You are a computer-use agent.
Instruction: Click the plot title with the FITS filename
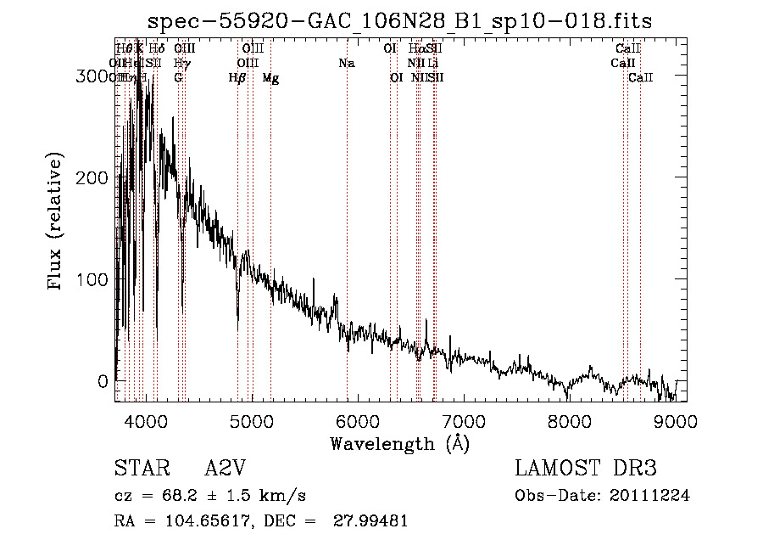tap(399, 21)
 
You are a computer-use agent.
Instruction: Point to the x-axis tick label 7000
tap(463, 421)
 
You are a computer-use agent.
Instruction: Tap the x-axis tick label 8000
tap(569, 421)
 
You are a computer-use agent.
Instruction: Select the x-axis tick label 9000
tap(676, 421)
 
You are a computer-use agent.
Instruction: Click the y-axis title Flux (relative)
tap(57, 222)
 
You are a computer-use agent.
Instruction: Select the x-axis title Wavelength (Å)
tap(399, 443)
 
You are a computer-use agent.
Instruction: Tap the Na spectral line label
tap(346, 64)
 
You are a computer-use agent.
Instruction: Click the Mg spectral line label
tap(270, 78)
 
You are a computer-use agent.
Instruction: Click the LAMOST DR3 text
tap(585, 469)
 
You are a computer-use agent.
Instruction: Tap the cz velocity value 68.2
tap(171, 496)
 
